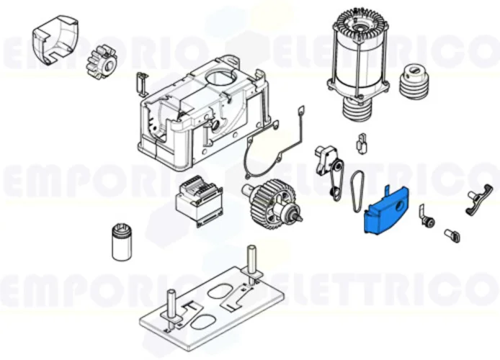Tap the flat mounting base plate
(210, 306)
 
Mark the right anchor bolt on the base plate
(252, 264)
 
